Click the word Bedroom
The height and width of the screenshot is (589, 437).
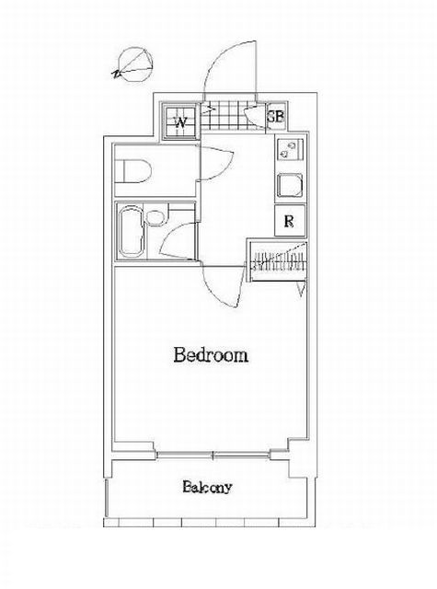[x=211, y=355]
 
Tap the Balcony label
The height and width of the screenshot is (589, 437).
[x=207, y=487]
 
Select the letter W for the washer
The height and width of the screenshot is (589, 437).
[x=180, y=122]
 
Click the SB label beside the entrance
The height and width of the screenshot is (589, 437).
[x=276, y=117]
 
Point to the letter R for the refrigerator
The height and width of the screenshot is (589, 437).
[x=289, y=221]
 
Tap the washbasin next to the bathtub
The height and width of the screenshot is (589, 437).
[x=155, y=218]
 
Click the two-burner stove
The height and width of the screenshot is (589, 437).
[x=290, y=149]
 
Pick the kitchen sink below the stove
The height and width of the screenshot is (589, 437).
[x=290, y=185]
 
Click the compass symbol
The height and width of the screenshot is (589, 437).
[x=134, y=64]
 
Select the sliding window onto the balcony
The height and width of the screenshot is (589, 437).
[x=213, y=455]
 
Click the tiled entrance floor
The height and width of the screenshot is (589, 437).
[x=233, y=117]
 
